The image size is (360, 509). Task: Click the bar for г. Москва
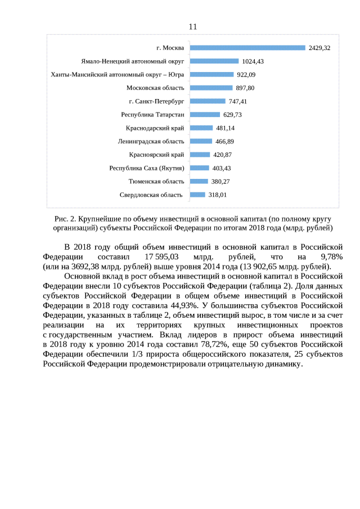tap(247, 48)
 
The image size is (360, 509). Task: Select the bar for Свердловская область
tap(197, 195)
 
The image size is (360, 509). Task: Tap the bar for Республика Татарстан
tap(205, 114)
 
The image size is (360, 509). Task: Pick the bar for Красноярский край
tap(200, 155)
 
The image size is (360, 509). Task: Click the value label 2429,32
tap(319, 48)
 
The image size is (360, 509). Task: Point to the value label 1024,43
tap(253, 61)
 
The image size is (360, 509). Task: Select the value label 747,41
tap(238, 101)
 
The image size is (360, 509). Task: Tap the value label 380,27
tap(220, 181)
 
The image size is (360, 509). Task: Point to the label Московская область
tap(155, 88)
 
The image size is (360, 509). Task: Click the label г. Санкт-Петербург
tap(156, 101)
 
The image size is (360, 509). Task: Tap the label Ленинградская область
tap(151, 141)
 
